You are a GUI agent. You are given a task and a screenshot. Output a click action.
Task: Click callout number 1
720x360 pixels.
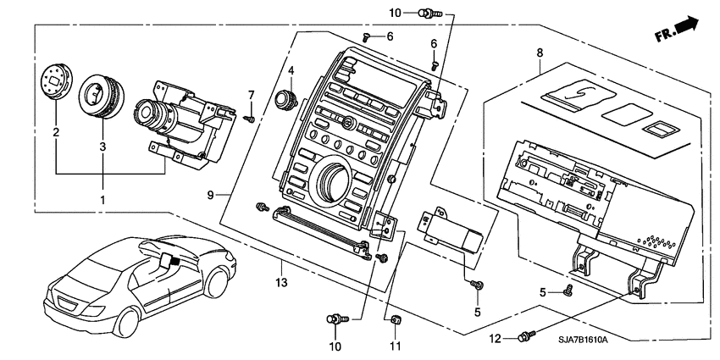point(103,201)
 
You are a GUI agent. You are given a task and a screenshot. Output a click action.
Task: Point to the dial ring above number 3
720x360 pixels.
point(101,93)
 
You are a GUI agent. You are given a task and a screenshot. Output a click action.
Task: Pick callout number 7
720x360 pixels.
point(251,93)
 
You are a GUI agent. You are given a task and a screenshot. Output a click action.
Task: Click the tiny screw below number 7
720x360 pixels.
point(251,119)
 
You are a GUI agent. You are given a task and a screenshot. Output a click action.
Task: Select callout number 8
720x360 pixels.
point(539,53)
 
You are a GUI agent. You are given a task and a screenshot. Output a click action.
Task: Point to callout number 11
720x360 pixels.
point(394,346)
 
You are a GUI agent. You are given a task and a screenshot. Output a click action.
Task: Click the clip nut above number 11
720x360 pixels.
point(395,320)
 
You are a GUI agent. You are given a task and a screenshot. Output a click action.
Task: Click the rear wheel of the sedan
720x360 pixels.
point(128,321)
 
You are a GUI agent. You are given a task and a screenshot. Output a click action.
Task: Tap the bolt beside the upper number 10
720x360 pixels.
point(432,12)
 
